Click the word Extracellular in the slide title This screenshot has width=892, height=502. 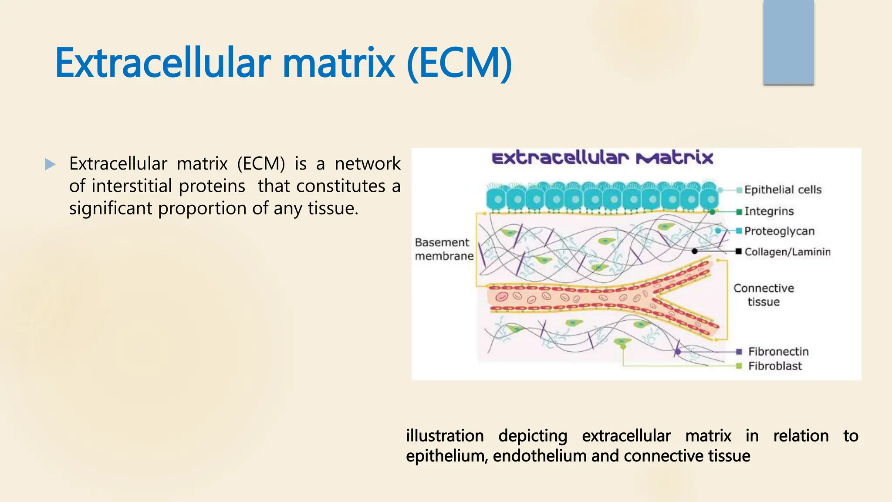click(x=163, y=64)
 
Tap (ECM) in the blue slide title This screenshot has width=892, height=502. click(x=459, y=64)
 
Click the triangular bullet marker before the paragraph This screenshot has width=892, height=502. click(x=50, y=164)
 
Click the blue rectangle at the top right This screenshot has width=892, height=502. click(x=788, y=42)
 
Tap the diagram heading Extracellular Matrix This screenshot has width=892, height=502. click(x=602, y=158)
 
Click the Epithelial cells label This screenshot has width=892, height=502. click(x=783, y=190)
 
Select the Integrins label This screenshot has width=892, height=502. click(x=769, y=211)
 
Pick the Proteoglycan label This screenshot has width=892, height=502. click(x=779, y=231)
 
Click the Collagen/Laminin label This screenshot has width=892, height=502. click(x=787, y=252)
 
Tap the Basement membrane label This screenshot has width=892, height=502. click(x=443, y=249)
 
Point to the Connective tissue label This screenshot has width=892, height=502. click(x=764, y=295)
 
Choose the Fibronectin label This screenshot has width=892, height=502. click(x=778, y=352)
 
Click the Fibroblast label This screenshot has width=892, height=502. click(x=775, y=366)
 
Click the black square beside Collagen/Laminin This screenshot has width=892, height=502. click(x=739, y=251)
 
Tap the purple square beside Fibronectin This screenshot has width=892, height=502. click(x=739, y=352)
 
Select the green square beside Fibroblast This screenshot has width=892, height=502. click(x=739, y=366)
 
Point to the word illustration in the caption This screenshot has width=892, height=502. click(x=445, y=436)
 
